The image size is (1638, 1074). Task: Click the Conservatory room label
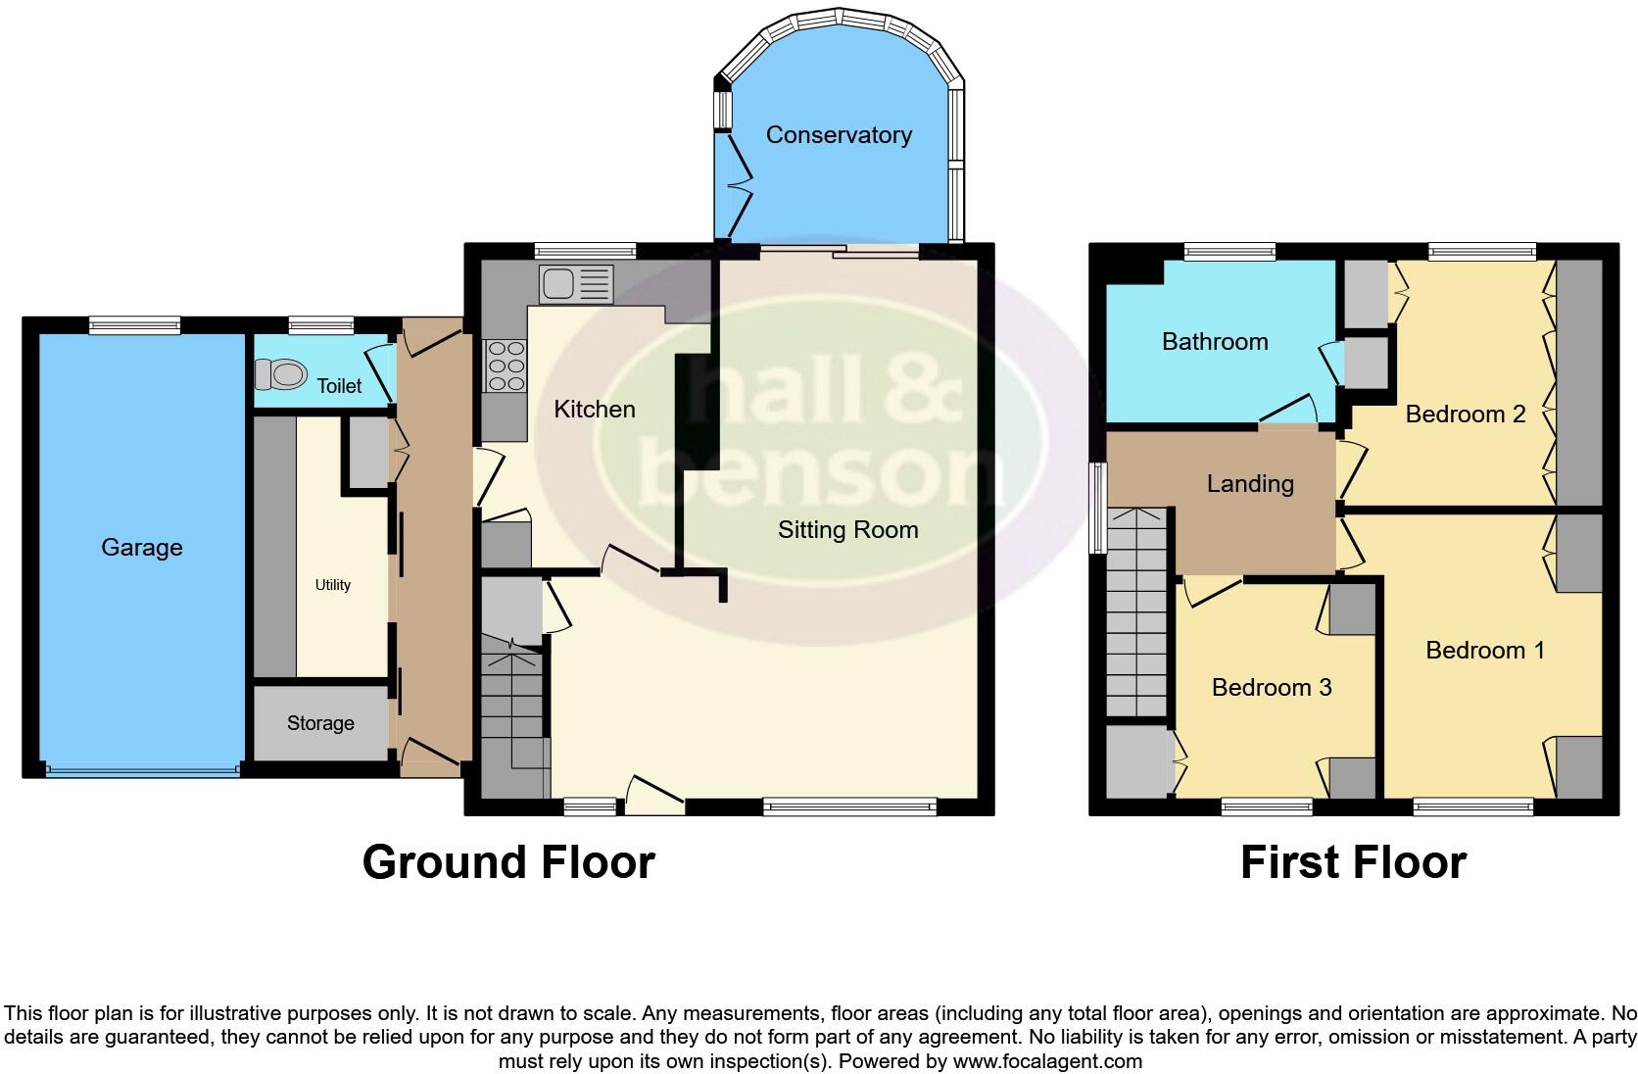pyautogui.click(x=839, y=135)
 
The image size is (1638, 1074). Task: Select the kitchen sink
pyautogui.click(x=575, y=284)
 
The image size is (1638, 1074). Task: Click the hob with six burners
pyautogui.click(x=505, y=365)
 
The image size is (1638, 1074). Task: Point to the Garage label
pyautogui.click(x=142, y=548)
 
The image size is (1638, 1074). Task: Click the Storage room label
pyautogui.click(x=320, y=723)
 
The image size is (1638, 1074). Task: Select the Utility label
pyautogui.click(x=332, y=585)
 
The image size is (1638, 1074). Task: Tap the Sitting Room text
pyautogui.click(x=847, y=530)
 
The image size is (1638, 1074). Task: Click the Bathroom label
pyautogui.click(x=1215, y=342)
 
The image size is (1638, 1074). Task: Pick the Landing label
pyautogui.click(x=1250, y=484)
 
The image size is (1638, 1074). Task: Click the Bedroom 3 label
pyautogui.click(x=1272, y=688)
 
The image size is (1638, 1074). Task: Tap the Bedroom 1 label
pyautogui.click(x=1485, y=651)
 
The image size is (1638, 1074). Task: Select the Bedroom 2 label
pyautogui.click(x=1466, y=415)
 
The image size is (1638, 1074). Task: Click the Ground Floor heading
pyautogui.click(x=508, y=862)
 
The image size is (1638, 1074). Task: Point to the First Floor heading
pyautogui.click(x=1353, y=862)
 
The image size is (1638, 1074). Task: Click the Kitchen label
pyautogui.click(x=595, y=410)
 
